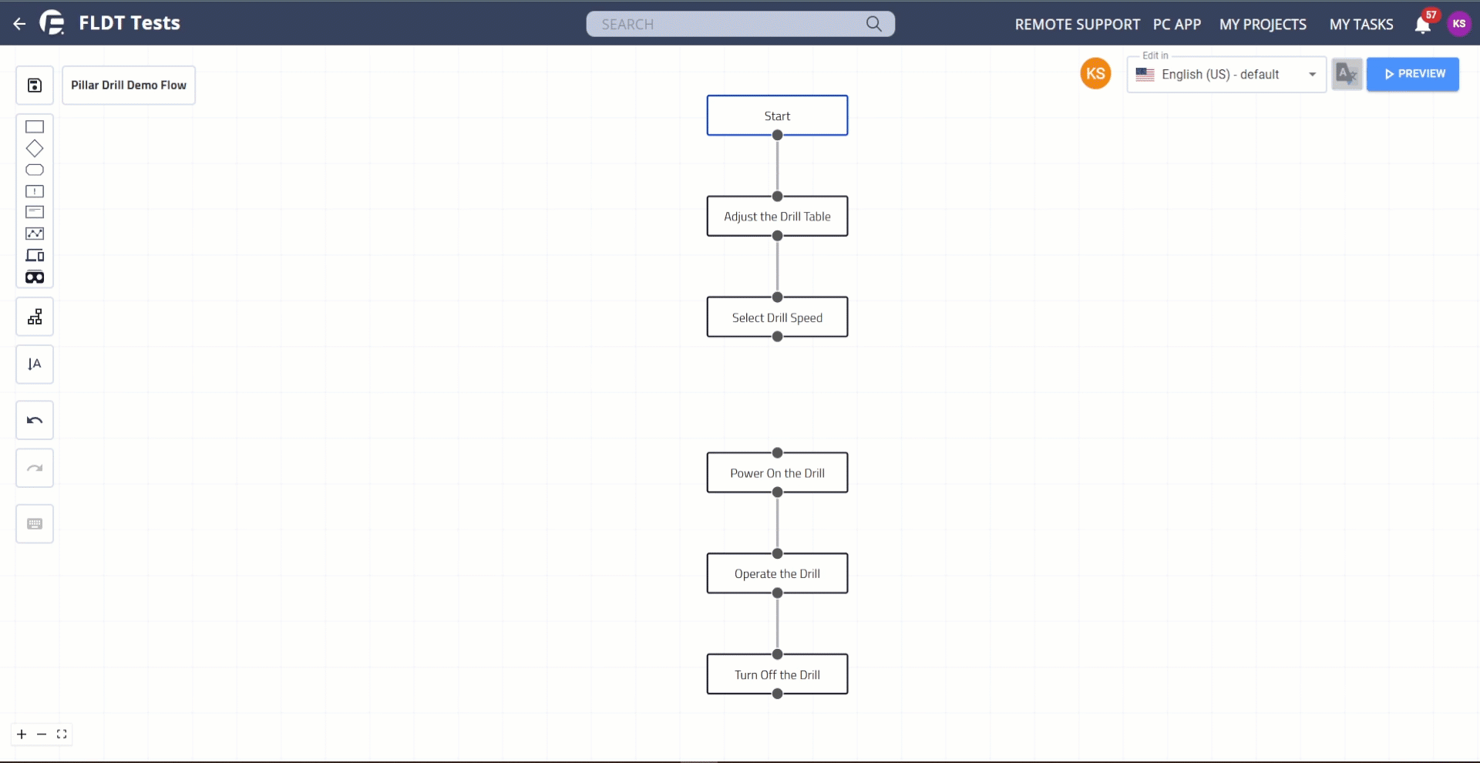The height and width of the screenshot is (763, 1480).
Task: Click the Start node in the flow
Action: click(x=777, y=116)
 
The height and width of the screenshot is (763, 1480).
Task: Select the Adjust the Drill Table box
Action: click(x=777, y=217)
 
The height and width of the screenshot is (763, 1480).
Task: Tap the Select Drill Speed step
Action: click(x=777, y=318)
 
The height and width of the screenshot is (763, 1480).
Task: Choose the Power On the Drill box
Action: click(x=777, y=473)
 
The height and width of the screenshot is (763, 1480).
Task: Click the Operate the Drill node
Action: click(x=777, y=573)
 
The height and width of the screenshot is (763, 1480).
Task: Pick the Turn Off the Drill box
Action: click(x=777, y=674)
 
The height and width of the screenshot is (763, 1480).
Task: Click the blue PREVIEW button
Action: click(x=1412, y=74)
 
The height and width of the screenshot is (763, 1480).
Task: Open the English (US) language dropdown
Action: click(x=1226, y=75)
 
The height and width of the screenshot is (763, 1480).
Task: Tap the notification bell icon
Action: click(x=1422, y=25)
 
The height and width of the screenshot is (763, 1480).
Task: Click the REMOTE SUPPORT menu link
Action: click(x=1077, y=25)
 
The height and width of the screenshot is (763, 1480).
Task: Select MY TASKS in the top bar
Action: click(x=1361, y=25)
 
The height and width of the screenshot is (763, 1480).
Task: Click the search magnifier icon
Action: click(x=873, y=24)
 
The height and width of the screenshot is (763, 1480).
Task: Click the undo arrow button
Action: click(x=35, y=420)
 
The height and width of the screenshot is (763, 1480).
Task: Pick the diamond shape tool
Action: click(x=35, y=148)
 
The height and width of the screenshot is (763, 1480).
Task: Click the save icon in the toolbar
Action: click(x=35, y=86)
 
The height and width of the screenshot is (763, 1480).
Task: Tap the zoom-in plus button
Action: click(x=22, y=734)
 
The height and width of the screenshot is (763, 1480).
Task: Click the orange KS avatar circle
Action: click(x=1095, y=74)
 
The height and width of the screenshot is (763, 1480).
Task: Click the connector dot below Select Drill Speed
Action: click(x=777, y=337)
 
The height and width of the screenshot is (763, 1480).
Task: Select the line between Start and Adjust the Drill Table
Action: click(x=777, y=166)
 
